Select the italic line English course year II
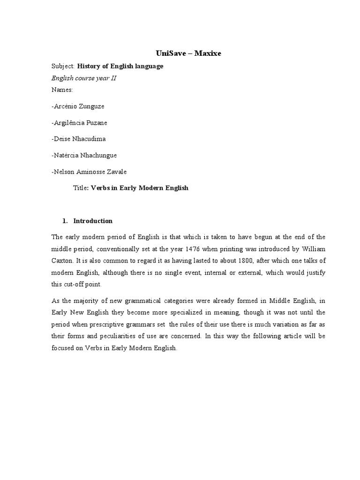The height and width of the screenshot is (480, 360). point(84,78)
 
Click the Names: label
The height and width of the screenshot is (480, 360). point(62,89)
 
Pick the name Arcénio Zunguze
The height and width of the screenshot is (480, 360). point(78,106)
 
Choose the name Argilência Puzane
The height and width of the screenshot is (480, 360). point(79,123)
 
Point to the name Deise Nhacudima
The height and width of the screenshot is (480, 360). point(78,139)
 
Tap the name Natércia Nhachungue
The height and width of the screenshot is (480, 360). point(84,155)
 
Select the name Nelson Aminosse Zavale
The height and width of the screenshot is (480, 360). point(89,171)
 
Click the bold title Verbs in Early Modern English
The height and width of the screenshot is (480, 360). point(139,187)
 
